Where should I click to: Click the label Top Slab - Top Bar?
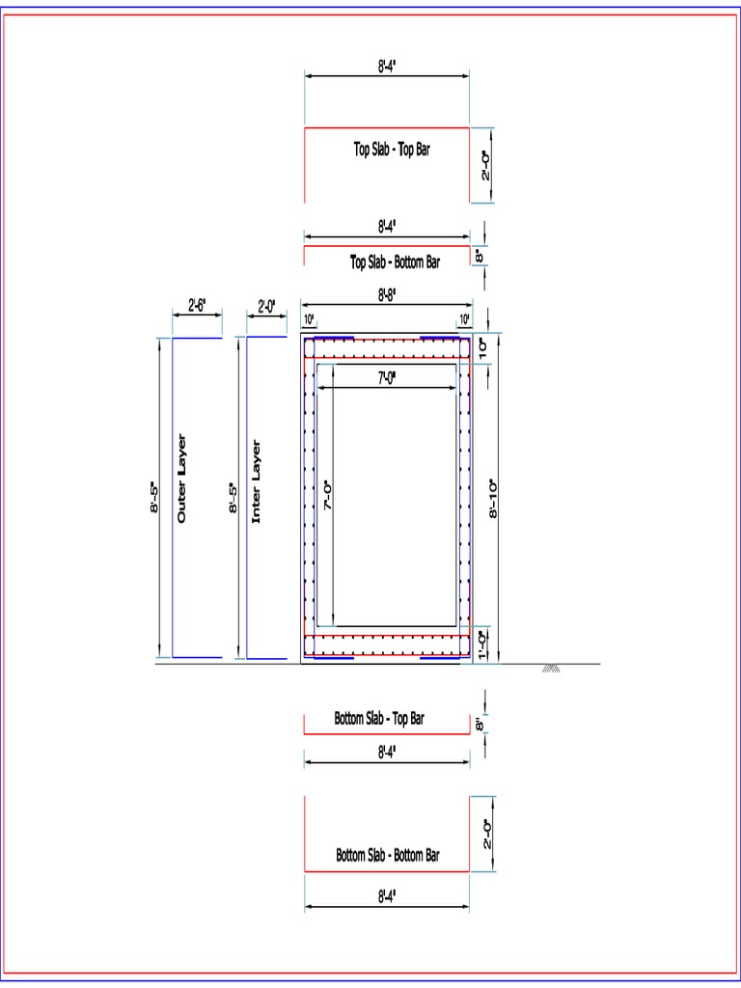[391, 150]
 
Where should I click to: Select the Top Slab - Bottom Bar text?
[395, 261]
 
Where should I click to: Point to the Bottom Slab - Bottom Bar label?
[388, 855]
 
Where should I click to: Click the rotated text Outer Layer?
[182, 480]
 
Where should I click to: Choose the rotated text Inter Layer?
[257, 482]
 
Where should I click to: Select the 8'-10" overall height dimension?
[493, 499]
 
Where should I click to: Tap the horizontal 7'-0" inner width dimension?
[388, 379]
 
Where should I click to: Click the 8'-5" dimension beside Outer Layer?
[154, 499]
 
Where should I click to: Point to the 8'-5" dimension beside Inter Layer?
[233, 499]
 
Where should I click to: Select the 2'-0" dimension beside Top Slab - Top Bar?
[485, 164]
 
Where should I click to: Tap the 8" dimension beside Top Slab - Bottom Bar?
[479, 256]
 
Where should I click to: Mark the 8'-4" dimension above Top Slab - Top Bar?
[387, 66]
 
